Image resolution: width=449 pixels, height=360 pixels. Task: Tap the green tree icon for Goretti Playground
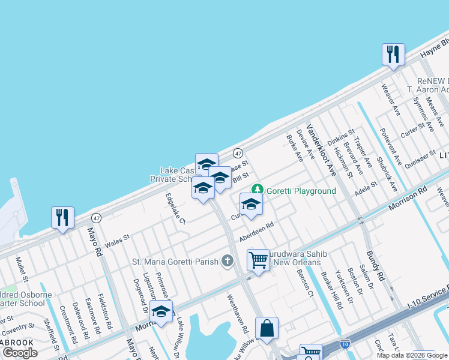[x=258, y=190]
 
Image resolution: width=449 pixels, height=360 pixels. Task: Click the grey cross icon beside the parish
[x=227, y=261]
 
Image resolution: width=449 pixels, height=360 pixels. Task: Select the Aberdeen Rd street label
[x=256, y=233]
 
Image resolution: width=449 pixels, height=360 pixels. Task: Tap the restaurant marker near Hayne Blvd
[x=393, y=55]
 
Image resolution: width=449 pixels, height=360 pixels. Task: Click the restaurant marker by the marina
[x=62, y=217]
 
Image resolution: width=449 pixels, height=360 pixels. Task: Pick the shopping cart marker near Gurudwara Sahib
[x=258, y=260]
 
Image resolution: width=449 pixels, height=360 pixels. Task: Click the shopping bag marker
[x=267, y=328]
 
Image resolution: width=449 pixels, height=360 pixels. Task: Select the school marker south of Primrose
[x=161, y=311]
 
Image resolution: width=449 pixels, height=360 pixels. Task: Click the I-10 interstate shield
[x=345, y=344]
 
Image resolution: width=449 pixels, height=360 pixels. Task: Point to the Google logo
[x=20, y=353]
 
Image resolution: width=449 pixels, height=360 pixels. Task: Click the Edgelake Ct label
[x=176, y=208]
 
